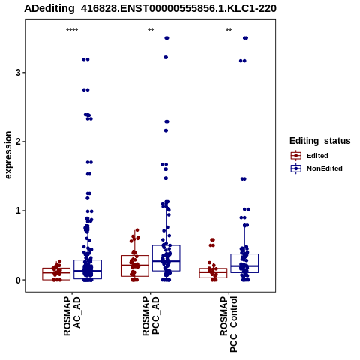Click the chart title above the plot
click(150, 9)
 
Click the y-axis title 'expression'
click(8, 155)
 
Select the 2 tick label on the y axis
click(18, 142)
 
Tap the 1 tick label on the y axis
click(18, 211)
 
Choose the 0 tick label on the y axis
click(18, 280)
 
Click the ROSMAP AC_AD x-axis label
click(72, 316)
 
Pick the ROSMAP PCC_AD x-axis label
click(151, 316)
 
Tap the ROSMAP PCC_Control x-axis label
click(229, 324)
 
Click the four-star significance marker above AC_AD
click(72, 31)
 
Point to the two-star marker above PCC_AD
click(151, 31)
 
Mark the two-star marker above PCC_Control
click(229, 31)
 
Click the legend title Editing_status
click(320, 141)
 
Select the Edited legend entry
click(310, 156)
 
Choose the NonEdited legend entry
click(316, 169)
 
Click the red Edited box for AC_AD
click(56, 268)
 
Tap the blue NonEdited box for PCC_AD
click(166, 245)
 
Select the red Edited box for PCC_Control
click(213, 268)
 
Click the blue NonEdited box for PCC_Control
click(244, 254)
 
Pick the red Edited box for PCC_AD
click(135, 256)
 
